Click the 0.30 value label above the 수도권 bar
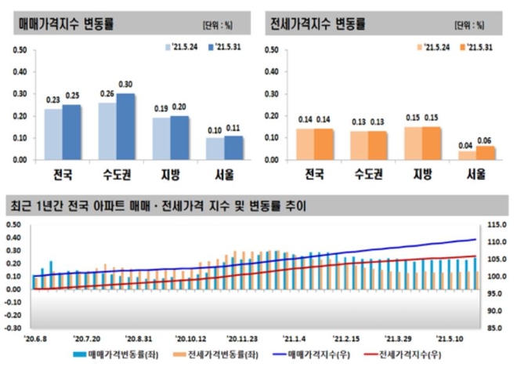click(125, 85)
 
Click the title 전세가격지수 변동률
click(320, 24)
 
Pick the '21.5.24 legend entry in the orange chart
click(434, 47)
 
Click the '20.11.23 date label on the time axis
click(244, 339)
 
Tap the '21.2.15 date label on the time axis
click(345, 339)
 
